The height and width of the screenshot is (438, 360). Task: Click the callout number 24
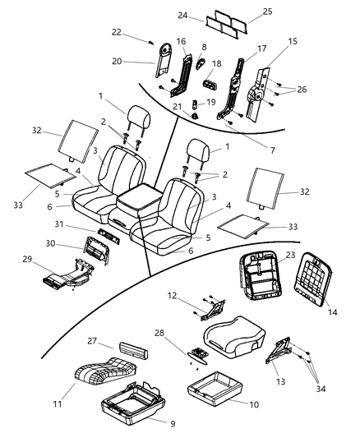[x=183, y=16]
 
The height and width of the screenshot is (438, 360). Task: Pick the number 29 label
[x=29, y=260]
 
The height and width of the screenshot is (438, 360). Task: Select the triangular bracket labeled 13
[x=280, y=349]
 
